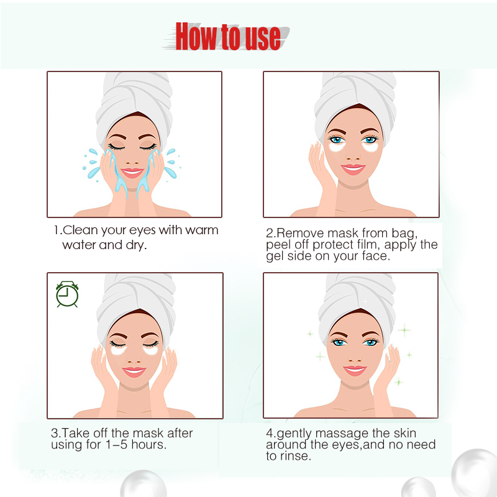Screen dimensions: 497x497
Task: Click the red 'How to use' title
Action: click(227, 36)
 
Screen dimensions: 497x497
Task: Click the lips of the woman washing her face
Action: click(132, 172)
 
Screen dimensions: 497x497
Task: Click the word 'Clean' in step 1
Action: click(81, 230)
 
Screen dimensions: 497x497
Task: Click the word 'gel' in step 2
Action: click(276, 256)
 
